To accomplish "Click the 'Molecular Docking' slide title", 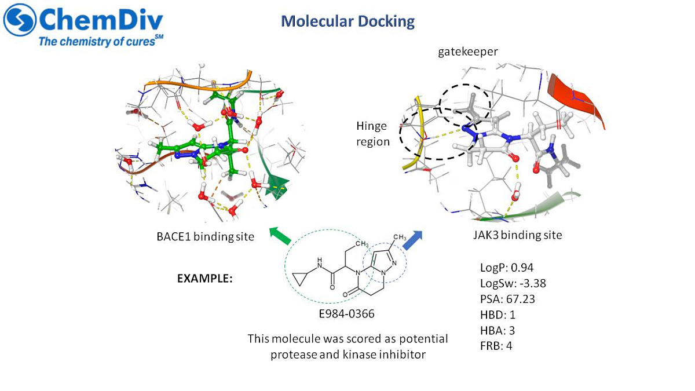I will pyautogui.click(x=348, y=22).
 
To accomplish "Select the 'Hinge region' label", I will pyautogui.click(x=373, y=133).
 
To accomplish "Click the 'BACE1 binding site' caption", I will pyautogui.click(x=205, y=236).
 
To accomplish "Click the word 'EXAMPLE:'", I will pyautogui.click(x=205, y=278).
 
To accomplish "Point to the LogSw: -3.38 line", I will pyautogui.click(x=513, y=283).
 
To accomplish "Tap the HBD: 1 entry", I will pyautogui.click(x=498, y=315).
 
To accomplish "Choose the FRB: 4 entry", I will pyautogui.click(x=496, y=346).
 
